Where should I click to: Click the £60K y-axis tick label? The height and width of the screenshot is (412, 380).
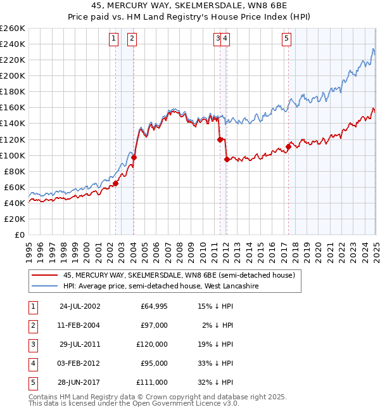pos(15,187)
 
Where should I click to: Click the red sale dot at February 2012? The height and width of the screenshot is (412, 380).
pos(226,159)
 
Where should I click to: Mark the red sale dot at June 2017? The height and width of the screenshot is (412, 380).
pos(288,146)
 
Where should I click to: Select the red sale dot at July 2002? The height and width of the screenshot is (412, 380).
pos(115,183)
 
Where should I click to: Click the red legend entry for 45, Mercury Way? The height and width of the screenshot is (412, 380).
pos(179,276)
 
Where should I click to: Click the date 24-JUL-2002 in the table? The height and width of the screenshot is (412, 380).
pos(80,306)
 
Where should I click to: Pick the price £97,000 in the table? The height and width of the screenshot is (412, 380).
pos(155,325)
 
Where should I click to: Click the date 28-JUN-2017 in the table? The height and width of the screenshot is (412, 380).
pos(80,382)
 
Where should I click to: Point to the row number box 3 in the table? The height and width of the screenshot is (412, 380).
pos(32,344)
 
